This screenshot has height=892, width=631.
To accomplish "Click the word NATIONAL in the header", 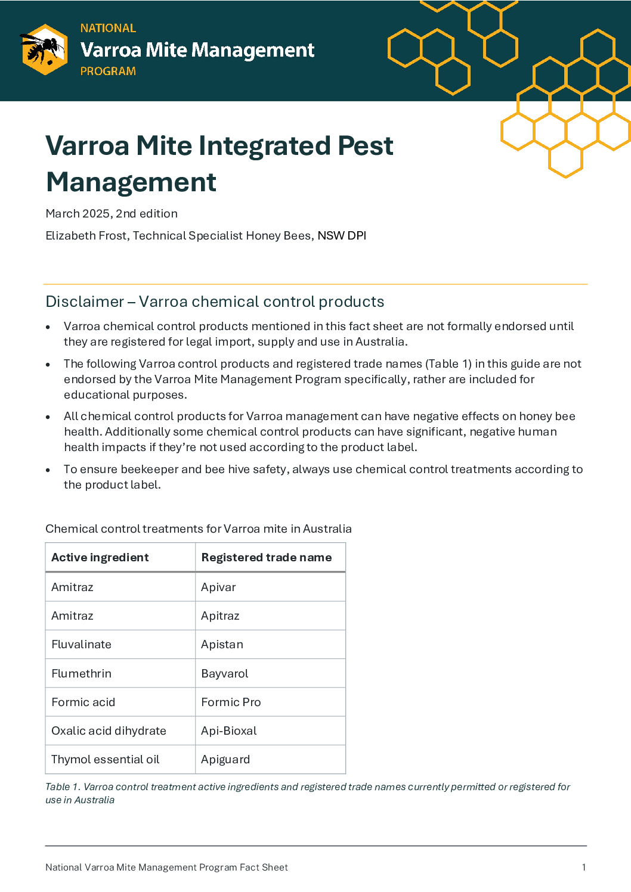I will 108,28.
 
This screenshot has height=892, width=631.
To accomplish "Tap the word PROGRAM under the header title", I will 108,71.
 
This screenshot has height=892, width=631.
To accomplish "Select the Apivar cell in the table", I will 218,587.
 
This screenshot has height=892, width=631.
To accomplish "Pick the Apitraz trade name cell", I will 220,616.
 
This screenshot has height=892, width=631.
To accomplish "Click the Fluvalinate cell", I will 81,644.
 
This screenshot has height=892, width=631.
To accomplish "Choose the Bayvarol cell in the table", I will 224,673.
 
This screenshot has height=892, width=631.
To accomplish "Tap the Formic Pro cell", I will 231,702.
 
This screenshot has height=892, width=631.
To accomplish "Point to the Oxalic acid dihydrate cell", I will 109,731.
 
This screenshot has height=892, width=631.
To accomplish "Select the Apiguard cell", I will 225,759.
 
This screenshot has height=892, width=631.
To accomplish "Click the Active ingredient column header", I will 100,557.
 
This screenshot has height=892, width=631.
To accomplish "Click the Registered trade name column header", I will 266,557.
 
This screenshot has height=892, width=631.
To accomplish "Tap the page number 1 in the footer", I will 583,867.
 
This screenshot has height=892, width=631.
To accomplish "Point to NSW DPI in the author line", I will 342,235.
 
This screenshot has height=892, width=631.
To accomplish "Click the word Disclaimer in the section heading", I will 85,302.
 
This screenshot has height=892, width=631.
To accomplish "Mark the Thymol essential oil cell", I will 105,759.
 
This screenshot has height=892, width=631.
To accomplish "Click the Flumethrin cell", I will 81,673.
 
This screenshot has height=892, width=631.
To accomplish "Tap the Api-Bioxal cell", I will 228,731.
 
